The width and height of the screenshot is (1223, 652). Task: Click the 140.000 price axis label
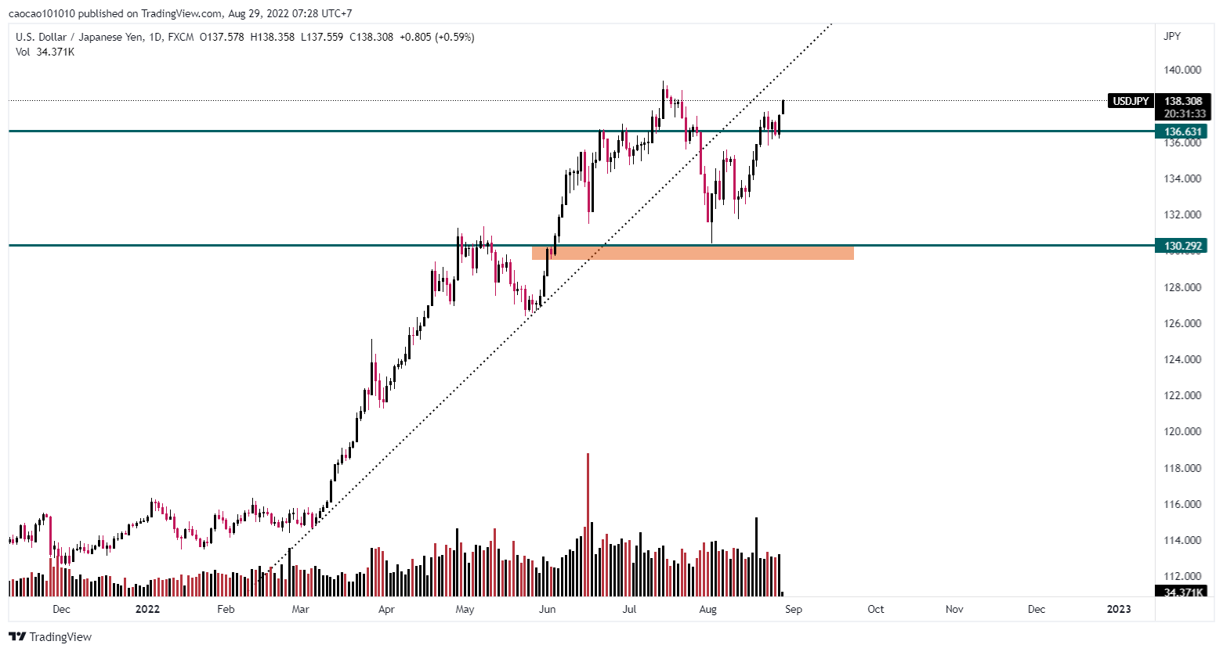1182,70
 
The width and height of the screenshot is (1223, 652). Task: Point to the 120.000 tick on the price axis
1182,431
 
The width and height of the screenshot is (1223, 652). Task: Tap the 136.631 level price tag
1182,131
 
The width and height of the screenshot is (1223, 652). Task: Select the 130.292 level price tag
1182,246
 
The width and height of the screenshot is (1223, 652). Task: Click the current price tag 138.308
1182,101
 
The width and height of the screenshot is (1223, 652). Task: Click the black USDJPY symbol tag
1131,101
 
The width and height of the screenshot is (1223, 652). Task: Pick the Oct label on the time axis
875,609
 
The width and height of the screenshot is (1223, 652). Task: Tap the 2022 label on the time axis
147,609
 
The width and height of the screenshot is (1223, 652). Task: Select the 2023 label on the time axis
1118,609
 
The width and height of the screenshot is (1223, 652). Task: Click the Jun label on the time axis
547,609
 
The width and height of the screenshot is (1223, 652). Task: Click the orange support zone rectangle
693,253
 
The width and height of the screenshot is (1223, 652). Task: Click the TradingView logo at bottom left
50,636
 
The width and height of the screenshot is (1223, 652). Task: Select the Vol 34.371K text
45,52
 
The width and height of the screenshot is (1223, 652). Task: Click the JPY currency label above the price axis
1172,36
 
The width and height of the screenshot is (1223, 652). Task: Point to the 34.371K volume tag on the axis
1182,592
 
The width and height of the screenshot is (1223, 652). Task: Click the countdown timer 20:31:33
1185,113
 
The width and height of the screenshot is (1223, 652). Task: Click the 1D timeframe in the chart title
153,37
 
